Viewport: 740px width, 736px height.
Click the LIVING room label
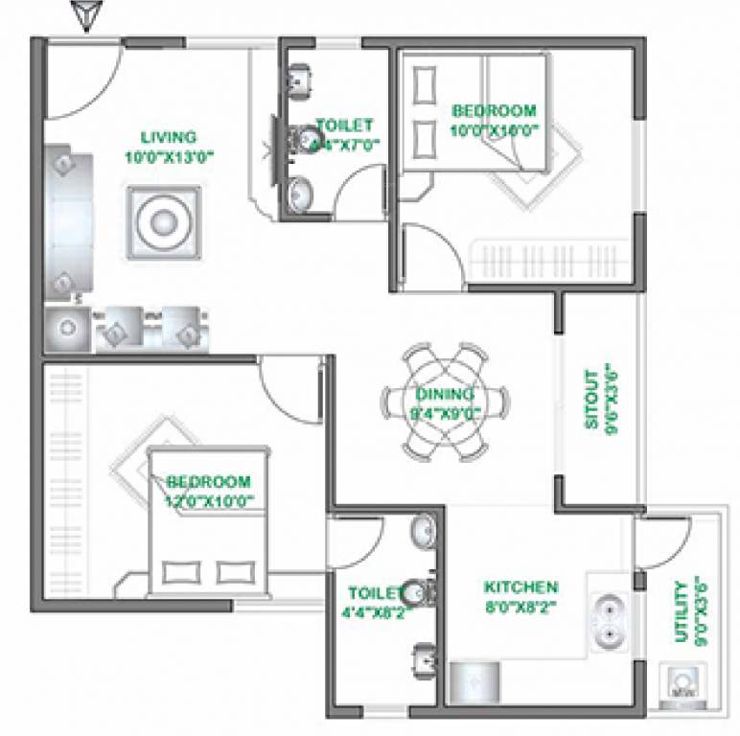168,137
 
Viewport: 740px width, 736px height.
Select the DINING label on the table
445,395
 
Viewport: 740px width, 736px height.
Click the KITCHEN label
520,586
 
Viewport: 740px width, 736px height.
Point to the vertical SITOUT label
591,397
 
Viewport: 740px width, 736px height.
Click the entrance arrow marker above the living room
87,16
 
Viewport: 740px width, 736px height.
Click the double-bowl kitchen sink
608,619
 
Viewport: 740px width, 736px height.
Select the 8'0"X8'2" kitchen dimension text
520,606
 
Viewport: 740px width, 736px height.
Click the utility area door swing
662,541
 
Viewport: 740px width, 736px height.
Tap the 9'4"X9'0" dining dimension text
446,413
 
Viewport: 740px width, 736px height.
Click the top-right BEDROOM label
495,111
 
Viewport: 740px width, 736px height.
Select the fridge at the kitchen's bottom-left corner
474,682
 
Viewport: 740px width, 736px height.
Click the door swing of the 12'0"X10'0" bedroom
292,383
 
